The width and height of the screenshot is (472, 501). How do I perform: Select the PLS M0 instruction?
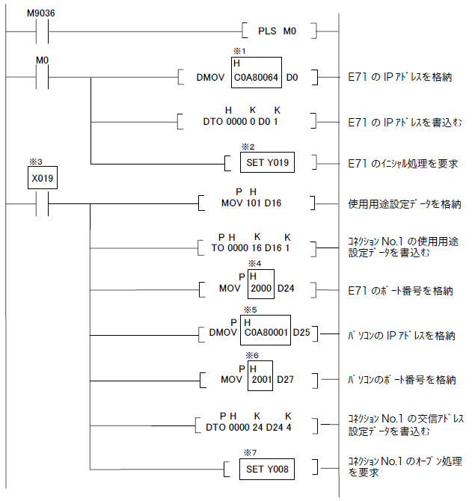tap(279, 31)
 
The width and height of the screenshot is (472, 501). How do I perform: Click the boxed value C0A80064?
tap(257, 76)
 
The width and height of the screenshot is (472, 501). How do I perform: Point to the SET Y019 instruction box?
tap(267, 162)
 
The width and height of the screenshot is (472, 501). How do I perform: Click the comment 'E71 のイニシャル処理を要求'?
tap(403, 163)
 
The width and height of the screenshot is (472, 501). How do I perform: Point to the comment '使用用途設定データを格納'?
tap(405, 203)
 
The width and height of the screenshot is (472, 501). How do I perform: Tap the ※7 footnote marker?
tap(250, 453)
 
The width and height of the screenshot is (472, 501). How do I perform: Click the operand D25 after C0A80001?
tap(301, 331)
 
